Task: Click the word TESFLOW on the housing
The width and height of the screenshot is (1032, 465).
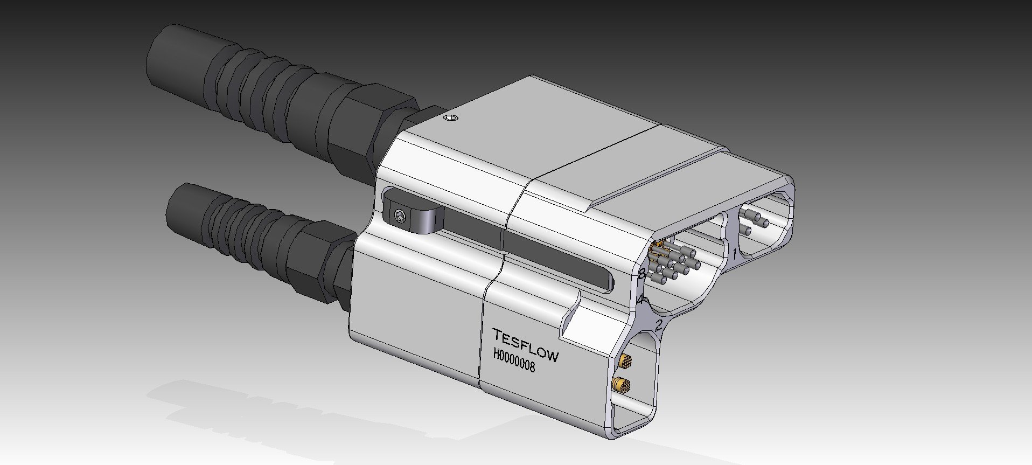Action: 526,344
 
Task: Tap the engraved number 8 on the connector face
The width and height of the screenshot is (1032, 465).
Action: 642,274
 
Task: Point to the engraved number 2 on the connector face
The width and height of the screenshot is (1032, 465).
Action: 658,325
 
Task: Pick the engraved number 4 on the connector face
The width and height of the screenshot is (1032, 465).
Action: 640,300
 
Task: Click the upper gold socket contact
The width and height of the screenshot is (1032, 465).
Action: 626,360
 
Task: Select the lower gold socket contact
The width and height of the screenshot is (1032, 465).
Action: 622,385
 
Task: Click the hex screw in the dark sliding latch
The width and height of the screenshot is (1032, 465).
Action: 399,216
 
